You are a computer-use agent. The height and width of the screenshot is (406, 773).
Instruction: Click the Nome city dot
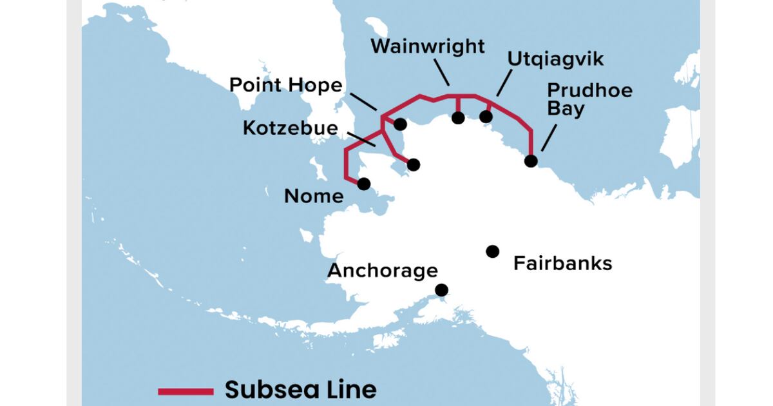click(x=364, y=184)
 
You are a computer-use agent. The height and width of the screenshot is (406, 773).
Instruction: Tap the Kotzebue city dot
click(x=414, y=165)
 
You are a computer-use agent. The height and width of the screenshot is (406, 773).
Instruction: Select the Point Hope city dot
click(x=400, y=124)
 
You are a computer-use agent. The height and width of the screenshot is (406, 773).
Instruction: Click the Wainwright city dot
click(x=458, y=117)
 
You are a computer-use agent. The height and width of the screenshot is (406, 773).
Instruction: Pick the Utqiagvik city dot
click(x=486, y=117)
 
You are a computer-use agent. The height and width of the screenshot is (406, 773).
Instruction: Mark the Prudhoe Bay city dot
click(x=531, y=160)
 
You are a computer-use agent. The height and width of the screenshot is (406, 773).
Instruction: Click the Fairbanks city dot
click(x=493, y=251)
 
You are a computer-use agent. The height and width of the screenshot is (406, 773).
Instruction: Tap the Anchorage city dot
click(x=442, y=290)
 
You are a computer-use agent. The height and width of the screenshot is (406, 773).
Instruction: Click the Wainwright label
click(x=428, y=46)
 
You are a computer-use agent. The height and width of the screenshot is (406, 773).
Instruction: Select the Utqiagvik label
click(x=555, y=59)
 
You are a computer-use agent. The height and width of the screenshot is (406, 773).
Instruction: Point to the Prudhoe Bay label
click(x=589, y=99)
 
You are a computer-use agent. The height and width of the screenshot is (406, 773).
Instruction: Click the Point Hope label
click(x=287, y=85)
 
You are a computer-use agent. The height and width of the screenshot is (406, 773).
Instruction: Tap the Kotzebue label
click(x=290, y=128)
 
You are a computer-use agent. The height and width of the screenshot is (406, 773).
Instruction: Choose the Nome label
click(x=314, y=196)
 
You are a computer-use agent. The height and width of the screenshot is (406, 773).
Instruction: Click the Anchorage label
click(x=383, y=271)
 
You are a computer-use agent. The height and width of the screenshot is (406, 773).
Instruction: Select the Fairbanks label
click(x=562, y=264)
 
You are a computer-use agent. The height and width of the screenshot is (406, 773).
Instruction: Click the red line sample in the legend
click(x=186, y=391)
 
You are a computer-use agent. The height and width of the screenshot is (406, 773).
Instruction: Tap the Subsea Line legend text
click(x=300, y=390)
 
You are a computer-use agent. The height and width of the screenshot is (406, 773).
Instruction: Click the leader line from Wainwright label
click(x=441, y=73)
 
